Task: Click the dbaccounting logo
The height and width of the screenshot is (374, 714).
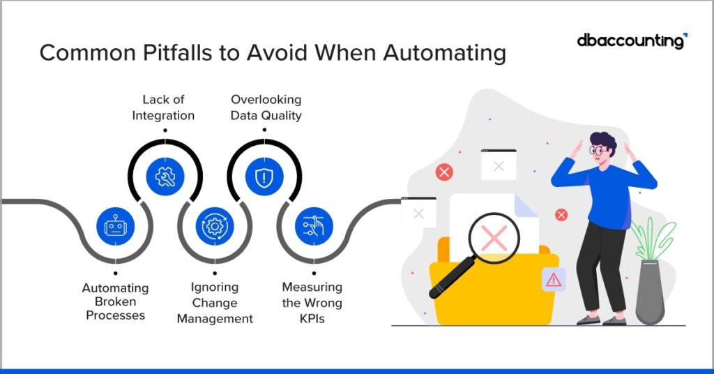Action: [x=631, y=41]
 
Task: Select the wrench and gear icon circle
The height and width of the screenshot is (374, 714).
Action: [x=165, y=177]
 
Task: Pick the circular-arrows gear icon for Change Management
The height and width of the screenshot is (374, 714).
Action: [x=214, y=226]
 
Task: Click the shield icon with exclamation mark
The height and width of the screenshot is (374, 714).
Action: [x=264, y=177]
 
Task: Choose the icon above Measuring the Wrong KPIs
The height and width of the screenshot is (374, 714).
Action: [x=314, y=226]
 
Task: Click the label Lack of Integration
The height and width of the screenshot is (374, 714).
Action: [x=164, y=107]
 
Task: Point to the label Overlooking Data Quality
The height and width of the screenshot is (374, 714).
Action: [x=266, y=107]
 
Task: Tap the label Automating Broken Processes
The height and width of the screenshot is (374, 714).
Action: [x=115, y=301]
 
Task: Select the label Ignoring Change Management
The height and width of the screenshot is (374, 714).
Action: [x=214, y=303]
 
